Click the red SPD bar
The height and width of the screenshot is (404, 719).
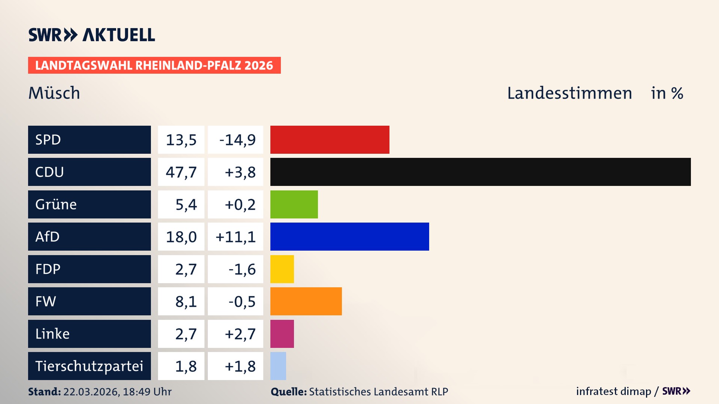pos(330,140)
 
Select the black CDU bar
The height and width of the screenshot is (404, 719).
pos(480,172)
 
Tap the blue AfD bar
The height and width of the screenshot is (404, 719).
pos(349,236)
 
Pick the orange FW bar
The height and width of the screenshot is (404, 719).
pos(306,301)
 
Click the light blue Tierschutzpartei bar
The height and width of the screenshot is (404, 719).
pos(278,366)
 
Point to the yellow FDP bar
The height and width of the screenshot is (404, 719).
pos(282,269)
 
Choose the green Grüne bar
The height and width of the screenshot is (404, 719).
pos(294,204)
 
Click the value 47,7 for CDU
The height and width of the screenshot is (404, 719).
pos(181,172)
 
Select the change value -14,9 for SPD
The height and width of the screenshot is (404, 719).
pos(237,140)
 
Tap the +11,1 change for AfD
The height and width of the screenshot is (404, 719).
pos(236,237)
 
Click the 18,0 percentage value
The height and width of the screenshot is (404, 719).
pos(181,237)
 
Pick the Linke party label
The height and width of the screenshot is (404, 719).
pos(52,334)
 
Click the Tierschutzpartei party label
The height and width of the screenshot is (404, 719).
pos(89,366)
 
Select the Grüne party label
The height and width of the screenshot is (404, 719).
pos(56,204)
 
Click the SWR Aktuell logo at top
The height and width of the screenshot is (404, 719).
pos(92,35)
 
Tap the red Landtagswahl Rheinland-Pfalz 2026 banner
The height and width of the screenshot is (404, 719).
pos(154,65)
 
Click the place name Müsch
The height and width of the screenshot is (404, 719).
pos(54,93)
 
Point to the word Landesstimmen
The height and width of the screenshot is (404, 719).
pos(569,93)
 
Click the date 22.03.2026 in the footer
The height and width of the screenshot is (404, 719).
pos(91,392)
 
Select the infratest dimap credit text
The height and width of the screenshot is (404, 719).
pos(613,391)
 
